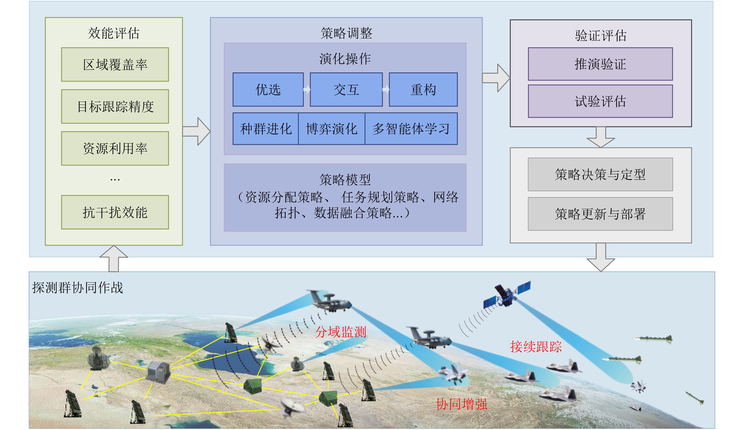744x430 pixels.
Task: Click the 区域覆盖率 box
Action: click(x=115, y=64)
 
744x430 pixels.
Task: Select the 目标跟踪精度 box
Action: click(x=115, y=106)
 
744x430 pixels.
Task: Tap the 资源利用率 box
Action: click(x=115, y=148)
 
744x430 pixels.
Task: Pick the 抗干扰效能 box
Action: click(x=115, y=212)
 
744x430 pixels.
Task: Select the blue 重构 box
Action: click(x=423, y=89)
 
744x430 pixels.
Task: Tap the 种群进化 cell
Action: click(x=266, y=129)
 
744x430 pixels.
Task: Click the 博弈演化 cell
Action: click(x=331, y=129)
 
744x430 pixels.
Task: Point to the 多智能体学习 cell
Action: click(x=411, y=129)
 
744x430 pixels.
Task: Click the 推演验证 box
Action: click(x=600, y=64)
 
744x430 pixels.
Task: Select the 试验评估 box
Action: click(x=600, y=101)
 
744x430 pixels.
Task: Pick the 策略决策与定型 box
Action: click(x=600, y=174)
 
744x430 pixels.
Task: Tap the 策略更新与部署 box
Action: click(x=600, y=214)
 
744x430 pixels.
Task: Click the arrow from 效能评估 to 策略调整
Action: click(x=196, y=131)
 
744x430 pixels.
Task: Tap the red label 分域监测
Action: click(x=341, y=332)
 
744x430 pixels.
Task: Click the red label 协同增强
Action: click(x=461, y=404)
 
